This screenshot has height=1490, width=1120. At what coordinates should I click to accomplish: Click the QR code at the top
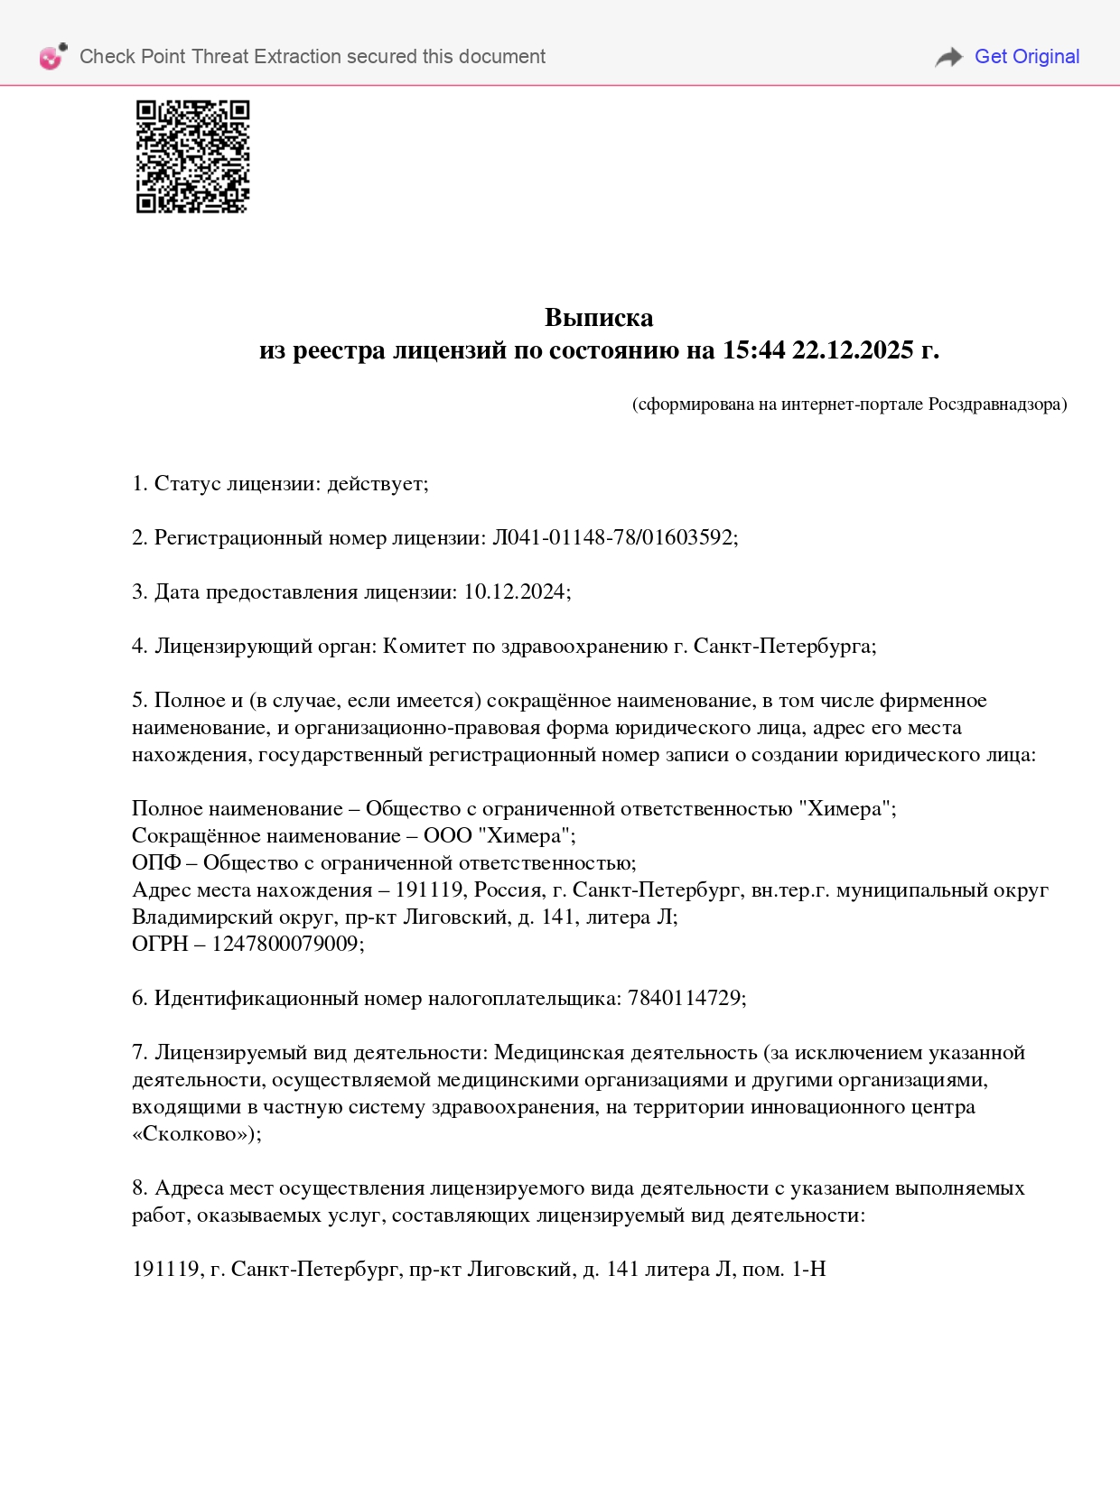point(192,156)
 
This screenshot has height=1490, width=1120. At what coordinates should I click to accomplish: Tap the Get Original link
point(1026,56)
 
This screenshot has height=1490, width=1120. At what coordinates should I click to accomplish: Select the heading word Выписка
point(599,317)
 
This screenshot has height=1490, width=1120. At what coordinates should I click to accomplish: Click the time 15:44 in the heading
point(753,349)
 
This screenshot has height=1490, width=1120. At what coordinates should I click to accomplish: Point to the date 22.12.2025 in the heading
point(853,349)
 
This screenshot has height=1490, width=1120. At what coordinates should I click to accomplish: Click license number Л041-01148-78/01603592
point(613,537)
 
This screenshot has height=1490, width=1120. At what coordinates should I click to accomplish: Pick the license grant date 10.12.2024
point(515,591)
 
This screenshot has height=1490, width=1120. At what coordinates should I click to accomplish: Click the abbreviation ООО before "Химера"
point(448,835)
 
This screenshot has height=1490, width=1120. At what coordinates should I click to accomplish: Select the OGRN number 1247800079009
point(285,944)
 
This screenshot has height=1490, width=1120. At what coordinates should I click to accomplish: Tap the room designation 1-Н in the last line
point(808,1269)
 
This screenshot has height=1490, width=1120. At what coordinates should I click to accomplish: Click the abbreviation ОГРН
point(160,944)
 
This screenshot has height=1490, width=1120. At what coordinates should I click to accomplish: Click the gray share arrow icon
point(948,57)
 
